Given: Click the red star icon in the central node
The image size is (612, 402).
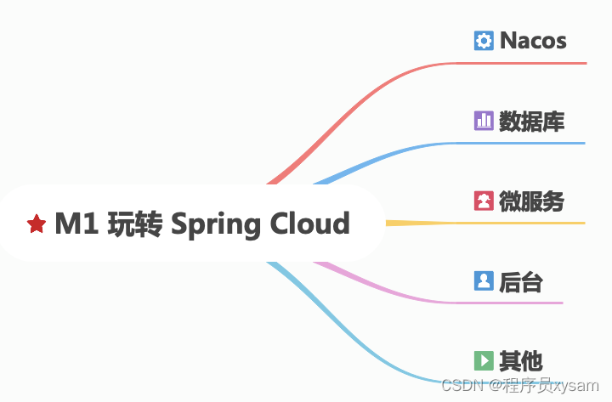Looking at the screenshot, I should click(36, 224).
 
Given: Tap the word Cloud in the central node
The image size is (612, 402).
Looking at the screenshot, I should click(309, 224).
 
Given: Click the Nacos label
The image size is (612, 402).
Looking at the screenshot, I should click(533, 40).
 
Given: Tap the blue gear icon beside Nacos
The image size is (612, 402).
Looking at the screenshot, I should click(484, 40).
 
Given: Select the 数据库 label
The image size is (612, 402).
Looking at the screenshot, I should click(532, 121).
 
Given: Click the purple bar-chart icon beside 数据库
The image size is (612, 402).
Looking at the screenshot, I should click(484, 121).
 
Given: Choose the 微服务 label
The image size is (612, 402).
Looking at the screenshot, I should click(532, 201).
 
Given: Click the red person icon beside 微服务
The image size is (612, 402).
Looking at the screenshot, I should click(484, 201).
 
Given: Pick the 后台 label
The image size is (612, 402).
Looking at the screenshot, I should click(521, 281).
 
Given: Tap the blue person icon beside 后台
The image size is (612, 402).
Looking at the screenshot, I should click(484, 281).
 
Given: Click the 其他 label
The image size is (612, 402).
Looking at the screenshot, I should click(521, 360).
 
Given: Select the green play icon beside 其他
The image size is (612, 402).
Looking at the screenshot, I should click(484, 360).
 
